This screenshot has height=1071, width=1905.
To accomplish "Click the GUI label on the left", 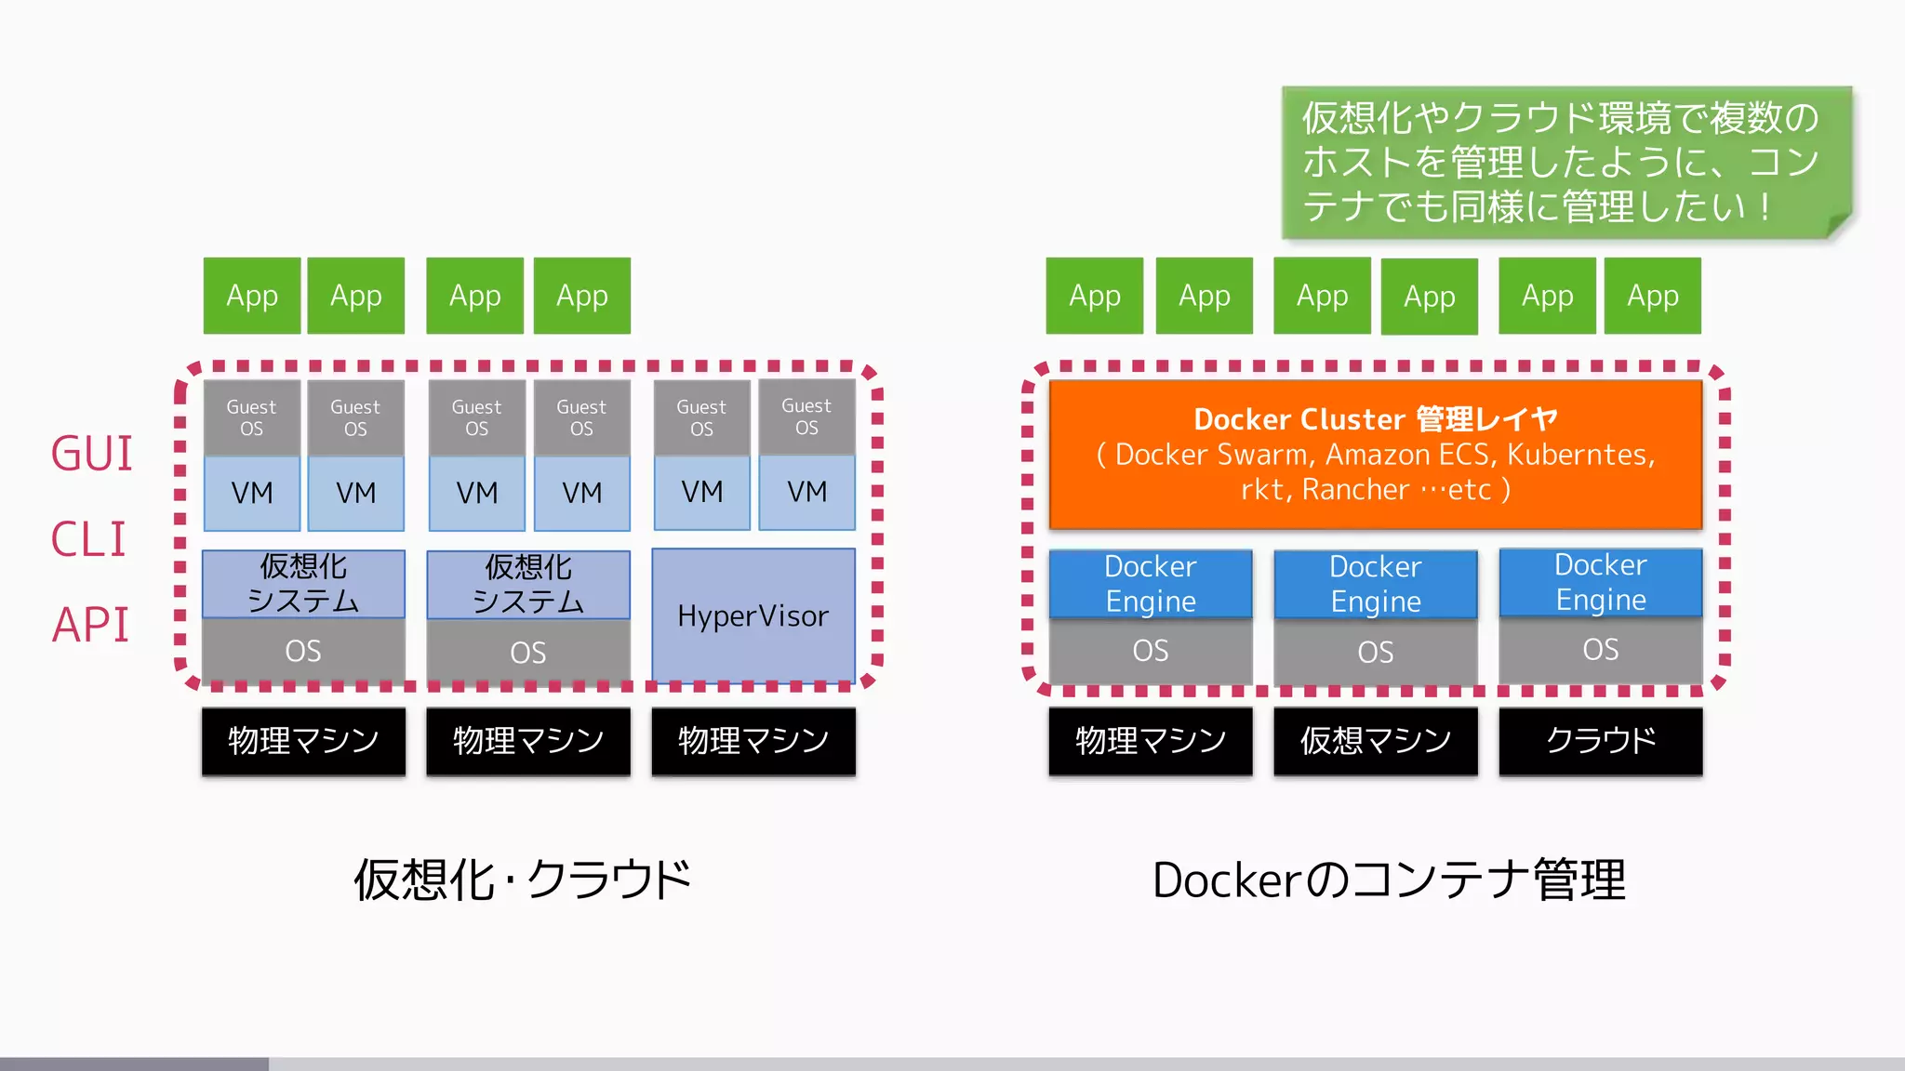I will pos(91,454).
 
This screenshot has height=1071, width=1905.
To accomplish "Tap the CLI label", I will pos(88,539).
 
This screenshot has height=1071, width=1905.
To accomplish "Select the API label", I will pos(90,624).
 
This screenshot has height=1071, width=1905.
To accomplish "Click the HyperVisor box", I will pos(753,615).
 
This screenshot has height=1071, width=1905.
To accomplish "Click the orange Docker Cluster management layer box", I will pos(1375,454).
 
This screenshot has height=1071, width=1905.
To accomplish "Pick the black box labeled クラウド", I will pos(1600,741).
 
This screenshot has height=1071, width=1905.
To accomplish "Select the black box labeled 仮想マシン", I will pos(1375,741).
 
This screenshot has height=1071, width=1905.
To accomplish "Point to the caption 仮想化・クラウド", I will pos(523,879).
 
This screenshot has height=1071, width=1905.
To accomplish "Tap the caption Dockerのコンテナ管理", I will pos(1389,879).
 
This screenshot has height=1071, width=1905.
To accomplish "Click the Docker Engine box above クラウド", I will pos(1600,582).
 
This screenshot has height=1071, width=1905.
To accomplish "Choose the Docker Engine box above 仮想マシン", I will pos(1375,584).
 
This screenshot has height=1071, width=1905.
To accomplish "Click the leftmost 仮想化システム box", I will pos(303,584).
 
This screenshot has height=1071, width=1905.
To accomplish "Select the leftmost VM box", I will pos(252,493).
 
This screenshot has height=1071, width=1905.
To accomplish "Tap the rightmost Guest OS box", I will pos(806,416).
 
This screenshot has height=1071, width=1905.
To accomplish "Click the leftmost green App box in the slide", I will pos(252,296).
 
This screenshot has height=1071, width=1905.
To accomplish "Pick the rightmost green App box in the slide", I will pos(1652,296).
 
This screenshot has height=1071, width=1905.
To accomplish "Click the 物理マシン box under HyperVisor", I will pos(753,741).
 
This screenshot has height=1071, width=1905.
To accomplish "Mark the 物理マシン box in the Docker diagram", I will pos(1150,741).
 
